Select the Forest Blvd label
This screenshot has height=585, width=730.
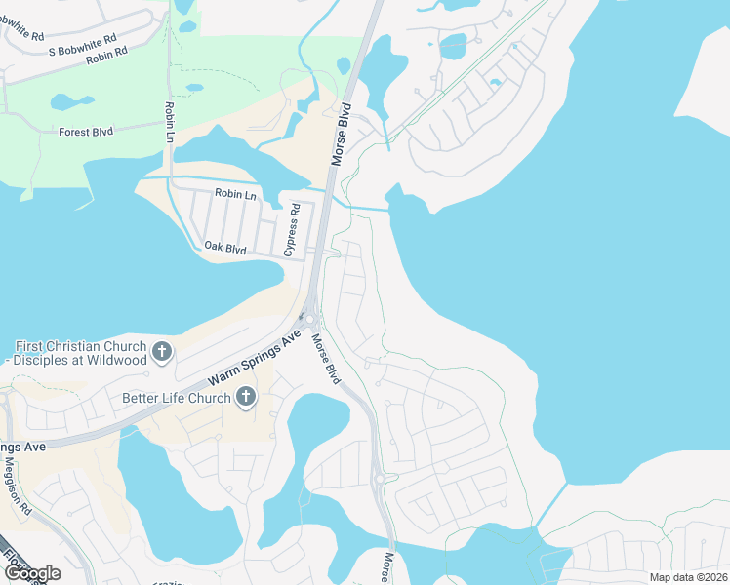[87, 132]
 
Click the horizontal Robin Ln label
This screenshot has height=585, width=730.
[234, 194]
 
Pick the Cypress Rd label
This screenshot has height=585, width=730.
[290, 235]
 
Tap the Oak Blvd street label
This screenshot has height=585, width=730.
[224, 249]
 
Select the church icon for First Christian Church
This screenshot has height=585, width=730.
[162, 350]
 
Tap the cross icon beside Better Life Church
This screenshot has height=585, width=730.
[246, 396]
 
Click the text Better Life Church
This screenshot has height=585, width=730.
[177, 398]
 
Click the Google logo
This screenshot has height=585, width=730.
[31, 572]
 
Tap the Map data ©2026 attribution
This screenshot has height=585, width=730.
[687, 577]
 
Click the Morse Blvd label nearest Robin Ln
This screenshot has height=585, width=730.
[342, 136]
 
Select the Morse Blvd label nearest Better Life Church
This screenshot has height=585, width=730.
[326, 359]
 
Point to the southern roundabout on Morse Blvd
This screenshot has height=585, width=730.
[379, 478]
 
